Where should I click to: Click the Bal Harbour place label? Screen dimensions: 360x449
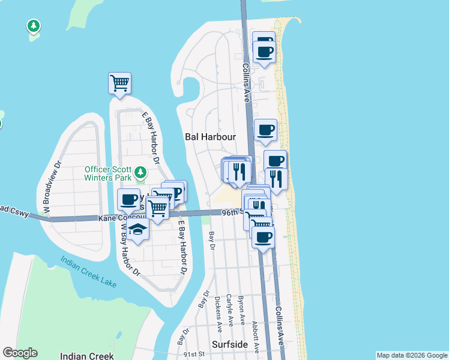(209, 137)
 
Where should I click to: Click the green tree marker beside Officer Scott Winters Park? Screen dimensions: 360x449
(140, 173)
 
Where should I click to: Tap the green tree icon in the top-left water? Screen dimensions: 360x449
(34, 26)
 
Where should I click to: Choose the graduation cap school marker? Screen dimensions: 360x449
(137, 229)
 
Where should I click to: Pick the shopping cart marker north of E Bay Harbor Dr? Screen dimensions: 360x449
(119, 82)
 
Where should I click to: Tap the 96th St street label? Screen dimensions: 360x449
(231, 212)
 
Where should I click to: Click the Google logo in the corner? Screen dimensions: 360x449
(20, 353)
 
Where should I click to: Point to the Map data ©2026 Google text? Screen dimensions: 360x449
(412, 355)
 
